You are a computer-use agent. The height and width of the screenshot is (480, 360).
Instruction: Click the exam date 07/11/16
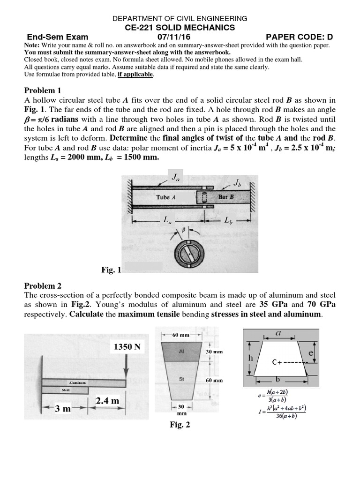click(x=180, y=37)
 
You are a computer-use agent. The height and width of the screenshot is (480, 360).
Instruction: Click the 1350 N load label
click(x=127, y=347)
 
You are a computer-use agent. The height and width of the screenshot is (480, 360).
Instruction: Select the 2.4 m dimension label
click(x=107, y=401)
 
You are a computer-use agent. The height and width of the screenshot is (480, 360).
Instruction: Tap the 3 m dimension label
click(x=62, y=408)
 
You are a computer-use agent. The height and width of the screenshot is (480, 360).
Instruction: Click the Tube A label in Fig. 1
click(x=166, y=197)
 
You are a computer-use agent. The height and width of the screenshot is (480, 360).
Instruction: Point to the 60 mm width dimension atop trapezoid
click(x=181, y=335)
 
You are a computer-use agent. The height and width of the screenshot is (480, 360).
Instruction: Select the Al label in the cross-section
click(x=181, y=351)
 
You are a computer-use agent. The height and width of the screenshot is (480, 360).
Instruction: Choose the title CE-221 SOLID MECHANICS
click(x=180, y=28)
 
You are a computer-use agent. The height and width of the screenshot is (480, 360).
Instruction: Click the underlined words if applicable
click(x=135, y=74)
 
